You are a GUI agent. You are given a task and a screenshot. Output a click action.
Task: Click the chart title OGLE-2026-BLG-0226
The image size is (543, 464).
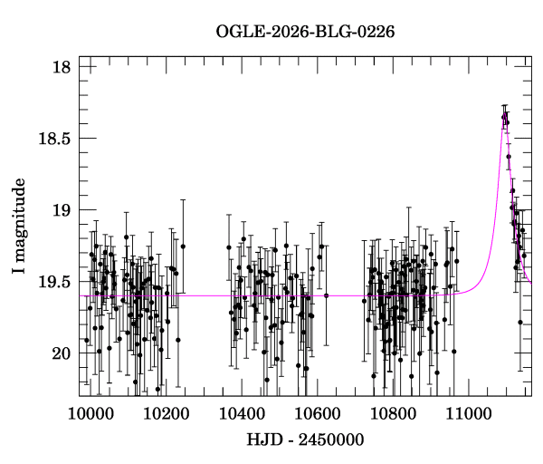[x=305, y=33]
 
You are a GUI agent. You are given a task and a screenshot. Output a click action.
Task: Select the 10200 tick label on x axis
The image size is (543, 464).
[x=166, y=412]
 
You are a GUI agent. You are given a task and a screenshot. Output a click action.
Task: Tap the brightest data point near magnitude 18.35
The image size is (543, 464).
[x=504, y=116]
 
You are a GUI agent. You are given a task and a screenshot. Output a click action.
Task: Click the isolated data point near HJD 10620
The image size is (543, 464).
[x=326, y=295]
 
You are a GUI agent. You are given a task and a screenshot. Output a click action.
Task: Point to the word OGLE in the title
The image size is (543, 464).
[x=238, y=33]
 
